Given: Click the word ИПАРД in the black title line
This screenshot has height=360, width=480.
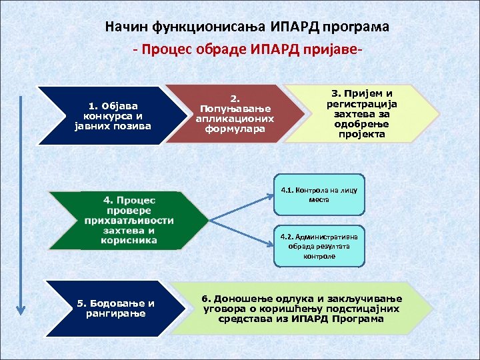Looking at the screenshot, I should (x=295, y=28).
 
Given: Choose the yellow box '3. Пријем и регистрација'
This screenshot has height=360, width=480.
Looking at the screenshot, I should (x=360, y=113).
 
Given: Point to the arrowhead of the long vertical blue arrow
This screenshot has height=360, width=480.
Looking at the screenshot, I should (x=21, y=309).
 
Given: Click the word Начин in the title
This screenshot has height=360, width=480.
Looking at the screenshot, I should (x=127, y=28).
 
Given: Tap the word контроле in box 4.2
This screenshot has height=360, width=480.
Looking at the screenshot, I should (x=319, y=256).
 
